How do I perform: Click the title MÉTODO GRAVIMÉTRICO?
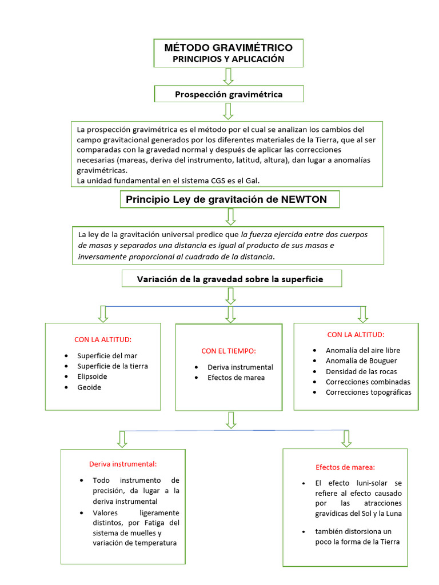pyautogui.click(x=229, y=47)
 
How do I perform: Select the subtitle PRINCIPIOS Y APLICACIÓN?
pyautogui.click(x=229, y=59)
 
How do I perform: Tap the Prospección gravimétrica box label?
pyautogui.click(x=229, y=94)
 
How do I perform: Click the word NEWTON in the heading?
pyautogui.click(x=304, y=199)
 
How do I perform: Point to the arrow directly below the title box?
pyautogui.click(x=229, y=76)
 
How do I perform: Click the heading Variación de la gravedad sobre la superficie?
pyautogui.click(x=230, y=279)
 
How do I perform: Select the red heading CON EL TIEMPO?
pyautogui.click(x=229, y=351)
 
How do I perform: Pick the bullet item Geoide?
pyautogui.click(x=89, y=387)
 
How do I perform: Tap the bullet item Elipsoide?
pyautogui.click(x=92, y=376)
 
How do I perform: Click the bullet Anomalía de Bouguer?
pyautogui.click(x=361, y=360)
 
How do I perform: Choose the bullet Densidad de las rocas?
pyautogui.click(x=361, y=371)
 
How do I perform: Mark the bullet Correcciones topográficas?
pyautogui.click(x=368, y=392)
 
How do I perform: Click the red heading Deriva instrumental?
pyautogui.click(x=123, y=464)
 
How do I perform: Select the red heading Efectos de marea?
pyautogui.click(x=345, y=467)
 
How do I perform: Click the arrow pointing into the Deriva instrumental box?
pyautogui.click(x=122, y=438)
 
